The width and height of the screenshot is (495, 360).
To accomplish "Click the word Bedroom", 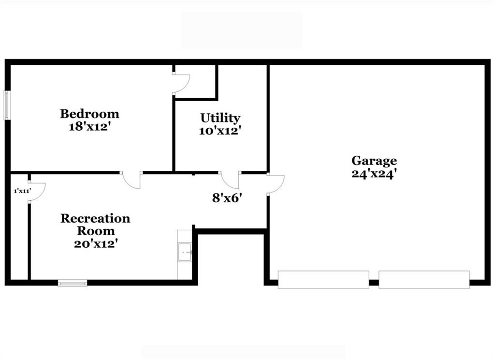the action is click(x=89, y=114).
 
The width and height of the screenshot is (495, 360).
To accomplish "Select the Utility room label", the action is click(x=220, y=118).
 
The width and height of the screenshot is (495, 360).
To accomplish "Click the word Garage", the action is click(x=374, y=161).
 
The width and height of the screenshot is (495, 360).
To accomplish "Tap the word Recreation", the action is click(x=95, y=218).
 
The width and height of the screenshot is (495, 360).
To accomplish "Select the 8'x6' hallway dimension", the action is click(x=227, y=198).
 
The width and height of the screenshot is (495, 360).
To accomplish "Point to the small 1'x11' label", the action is click(x=22, y=191).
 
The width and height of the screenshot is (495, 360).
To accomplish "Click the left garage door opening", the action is click(x=323, y=279).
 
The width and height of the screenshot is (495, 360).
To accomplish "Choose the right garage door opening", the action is click(x=424, y=279).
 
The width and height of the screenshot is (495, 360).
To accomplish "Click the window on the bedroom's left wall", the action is click(x=7, y=105).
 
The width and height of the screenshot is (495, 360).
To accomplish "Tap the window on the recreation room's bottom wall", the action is click(x=73, y=283).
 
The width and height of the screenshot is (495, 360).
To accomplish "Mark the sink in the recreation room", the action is click(x=185, y=252).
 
